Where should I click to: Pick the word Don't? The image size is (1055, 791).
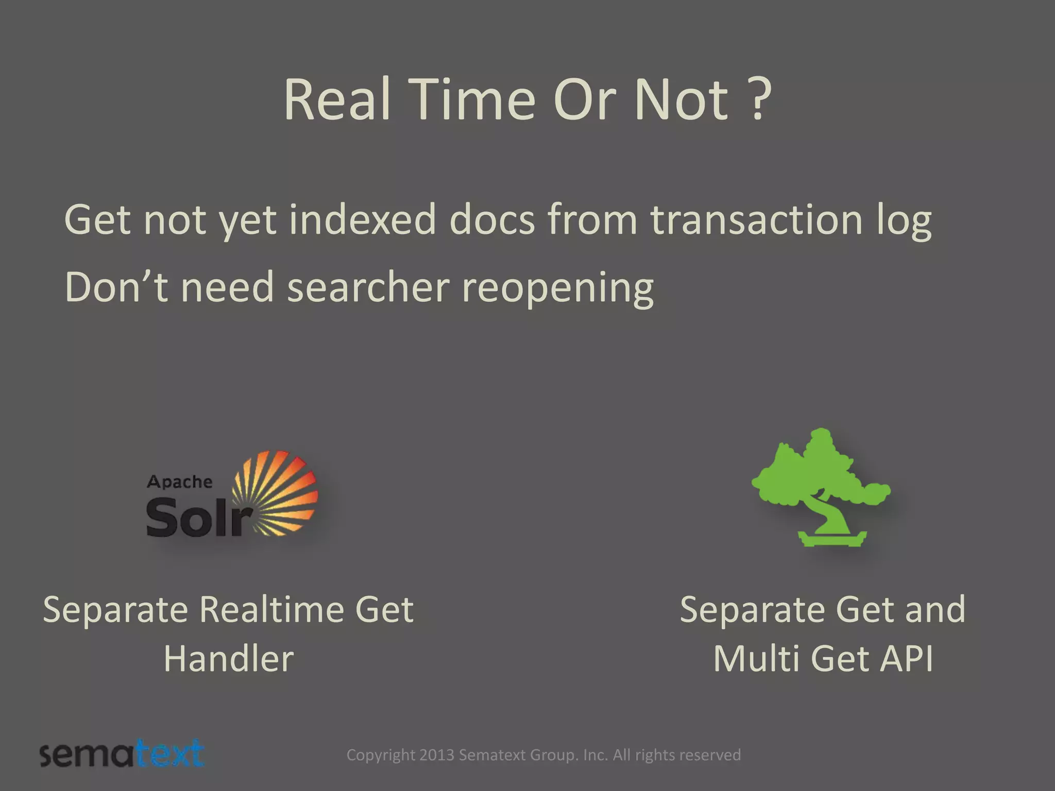(116, 287)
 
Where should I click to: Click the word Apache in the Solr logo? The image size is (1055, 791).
(180, 482)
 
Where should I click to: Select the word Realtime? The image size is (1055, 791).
(270, 609)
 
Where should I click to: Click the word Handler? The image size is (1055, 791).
(229, 659)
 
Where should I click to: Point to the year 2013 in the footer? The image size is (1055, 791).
(436, 755)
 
